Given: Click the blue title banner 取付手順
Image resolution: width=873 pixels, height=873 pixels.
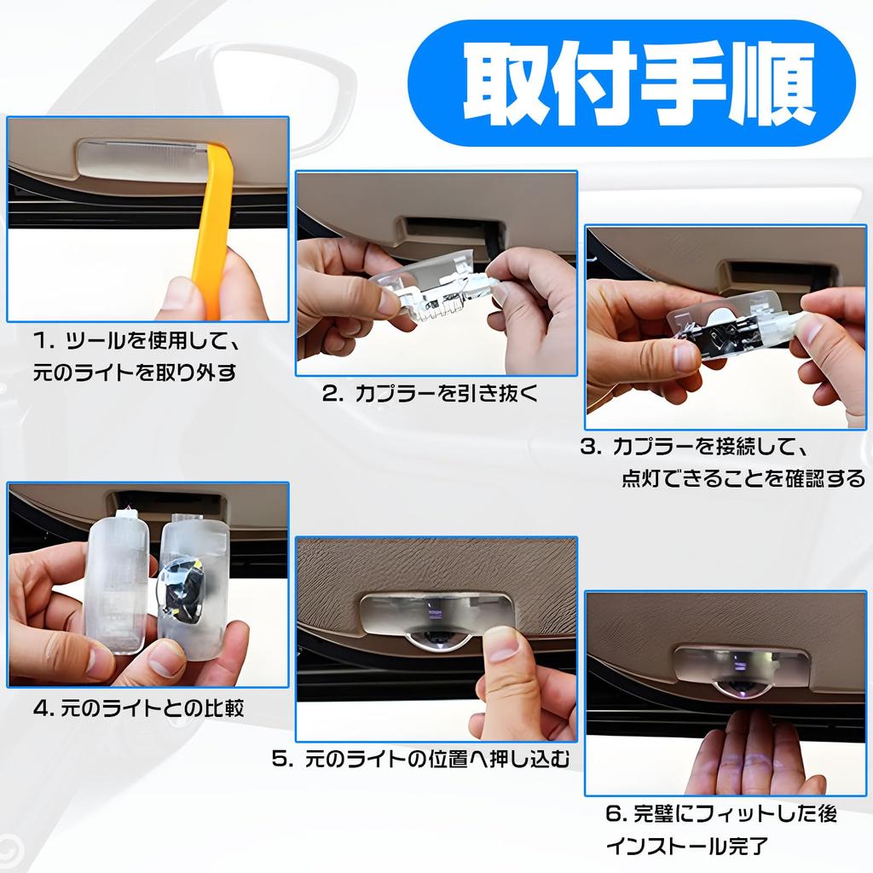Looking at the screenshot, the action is point(631,83).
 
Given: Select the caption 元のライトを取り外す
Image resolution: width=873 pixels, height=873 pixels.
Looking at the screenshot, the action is point(135,372).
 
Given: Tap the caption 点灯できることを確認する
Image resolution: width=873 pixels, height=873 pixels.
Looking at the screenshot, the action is point(743,478).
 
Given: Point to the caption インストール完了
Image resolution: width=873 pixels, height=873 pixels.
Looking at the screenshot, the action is point(687,846).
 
